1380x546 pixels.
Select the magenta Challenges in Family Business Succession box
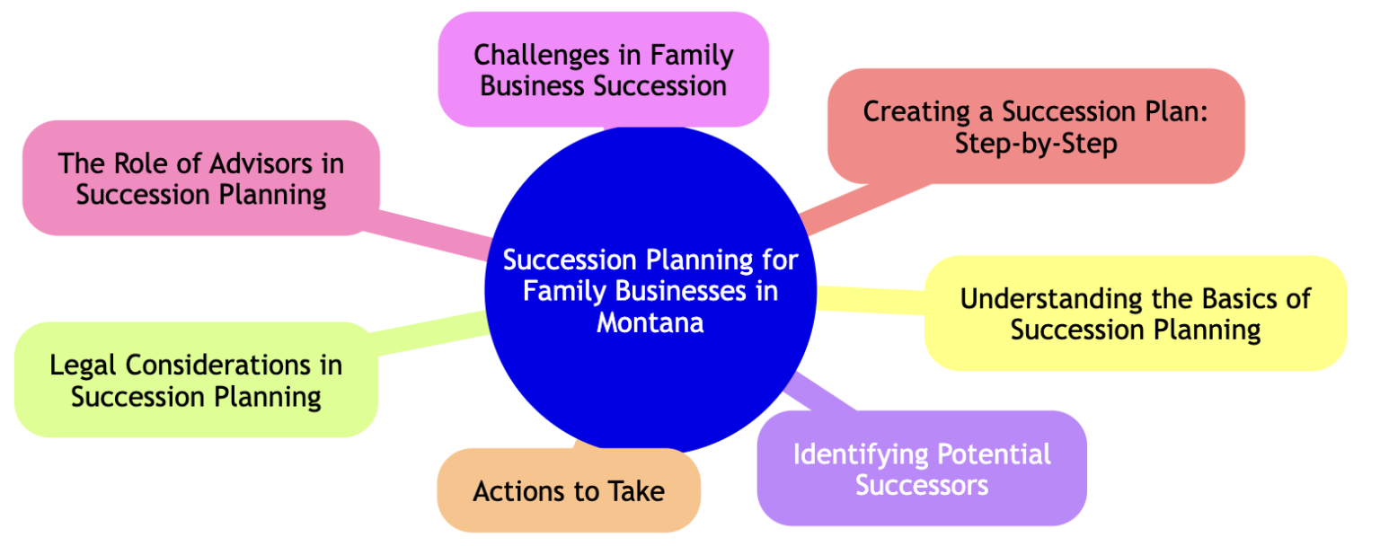[603, 69]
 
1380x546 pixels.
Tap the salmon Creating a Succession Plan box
[1035, 126]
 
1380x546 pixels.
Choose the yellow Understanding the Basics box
[1135, 313]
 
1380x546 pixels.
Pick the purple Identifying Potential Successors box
[922, 468]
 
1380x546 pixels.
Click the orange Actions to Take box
[568, 490]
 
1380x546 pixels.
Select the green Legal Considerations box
[196, 380]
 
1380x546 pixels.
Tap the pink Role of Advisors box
[200, 178]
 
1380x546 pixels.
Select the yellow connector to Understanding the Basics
[871, 299]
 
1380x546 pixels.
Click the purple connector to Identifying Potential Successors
[822, 395]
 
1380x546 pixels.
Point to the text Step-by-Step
[1035, 143]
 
